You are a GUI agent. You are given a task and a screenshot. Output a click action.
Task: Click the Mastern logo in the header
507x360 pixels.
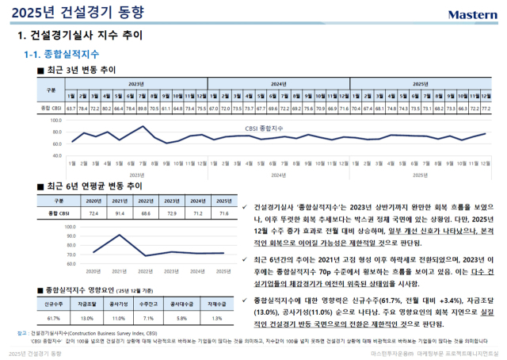tap(472, 14)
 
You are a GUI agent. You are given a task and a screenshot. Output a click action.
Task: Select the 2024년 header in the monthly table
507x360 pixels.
tap(278, 82)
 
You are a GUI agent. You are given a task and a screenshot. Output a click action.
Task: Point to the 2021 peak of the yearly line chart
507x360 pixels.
tap(120, 236)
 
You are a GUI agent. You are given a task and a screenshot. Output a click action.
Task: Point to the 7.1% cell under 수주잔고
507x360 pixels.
tap(151, 317)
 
